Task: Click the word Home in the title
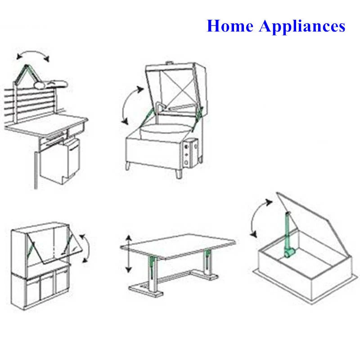pyautogui.click(x=230, y=26)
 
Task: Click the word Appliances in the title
pyautogui.click(x=302, y=27)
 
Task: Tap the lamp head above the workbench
pyautogui.click(x=51, y=84)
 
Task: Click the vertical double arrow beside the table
pyautogui.click(x=129, y=254)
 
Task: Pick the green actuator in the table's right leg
pyautogui.click(x=207, y=258)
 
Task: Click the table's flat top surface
pyautogui.click(x=178, y=246)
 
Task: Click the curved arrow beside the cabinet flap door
pyautogui.click(x=86, y=248)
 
